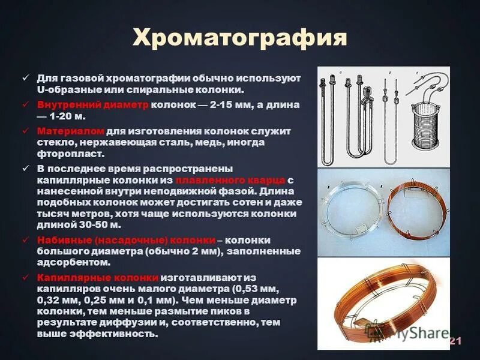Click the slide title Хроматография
(x=239, y=37)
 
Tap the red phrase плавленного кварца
(x=230, y=180)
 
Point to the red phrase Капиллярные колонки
(x=98, y=277)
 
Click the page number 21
(x=455, y=341)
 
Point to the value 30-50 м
(x=97, y=225)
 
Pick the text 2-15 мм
(x=224, y=103)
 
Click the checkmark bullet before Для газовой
(x=25, y=78)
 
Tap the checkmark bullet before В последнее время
(x=25, y=168)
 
